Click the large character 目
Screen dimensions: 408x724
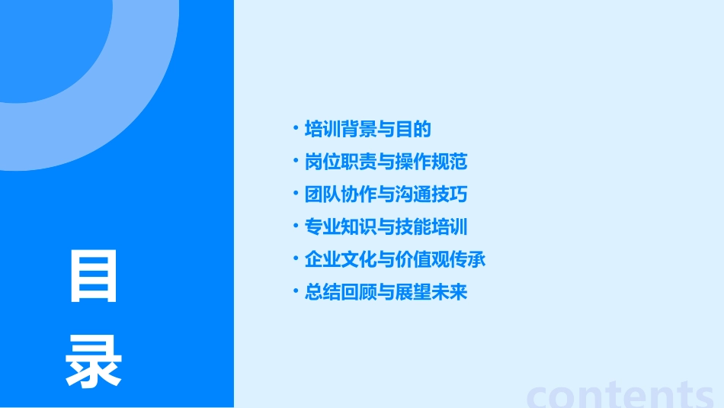(x=94, y=276)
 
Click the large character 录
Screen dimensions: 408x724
(x=94, y=361)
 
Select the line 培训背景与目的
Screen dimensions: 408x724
(x=367, y=129)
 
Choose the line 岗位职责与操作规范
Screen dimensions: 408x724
(x=386, y=162)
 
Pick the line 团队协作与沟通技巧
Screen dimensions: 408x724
(x=386, y=194)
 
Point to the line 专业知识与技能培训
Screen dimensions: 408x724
(x=386, y=227)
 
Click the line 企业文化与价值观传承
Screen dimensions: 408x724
(x=395, y=259)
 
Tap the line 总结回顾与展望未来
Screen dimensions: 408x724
(x=386, y=292)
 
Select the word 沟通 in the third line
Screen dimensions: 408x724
(x=413, y=194)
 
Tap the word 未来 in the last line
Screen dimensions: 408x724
(x=449, y=292)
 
